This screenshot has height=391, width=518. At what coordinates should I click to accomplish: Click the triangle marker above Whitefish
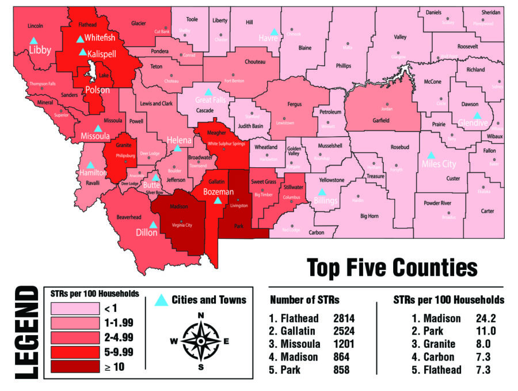pyautogui.click(x=80, y=39)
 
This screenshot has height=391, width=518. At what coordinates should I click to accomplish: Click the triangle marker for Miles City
pyautogui.click(x=431, y=155)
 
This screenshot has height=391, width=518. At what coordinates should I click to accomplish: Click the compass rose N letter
pyautogui.click(x=201, y=315)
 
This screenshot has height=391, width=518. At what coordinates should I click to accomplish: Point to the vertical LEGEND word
pyautogui.click(x=23, y=334)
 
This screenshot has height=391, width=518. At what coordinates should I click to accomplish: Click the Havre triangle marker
pyautogui.click(x=275, y=31)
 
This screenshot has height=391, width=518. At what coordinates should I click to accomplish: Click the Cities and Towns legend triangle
pyautogui.click(x=162, y=300)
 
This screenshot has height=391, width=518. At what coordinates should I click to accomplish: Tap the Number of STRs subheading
pyautogui.click(x=304, y=300)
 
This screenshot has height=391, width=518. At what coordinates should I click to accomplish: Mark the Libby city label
pyautogui.click(x=40, y=51)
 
